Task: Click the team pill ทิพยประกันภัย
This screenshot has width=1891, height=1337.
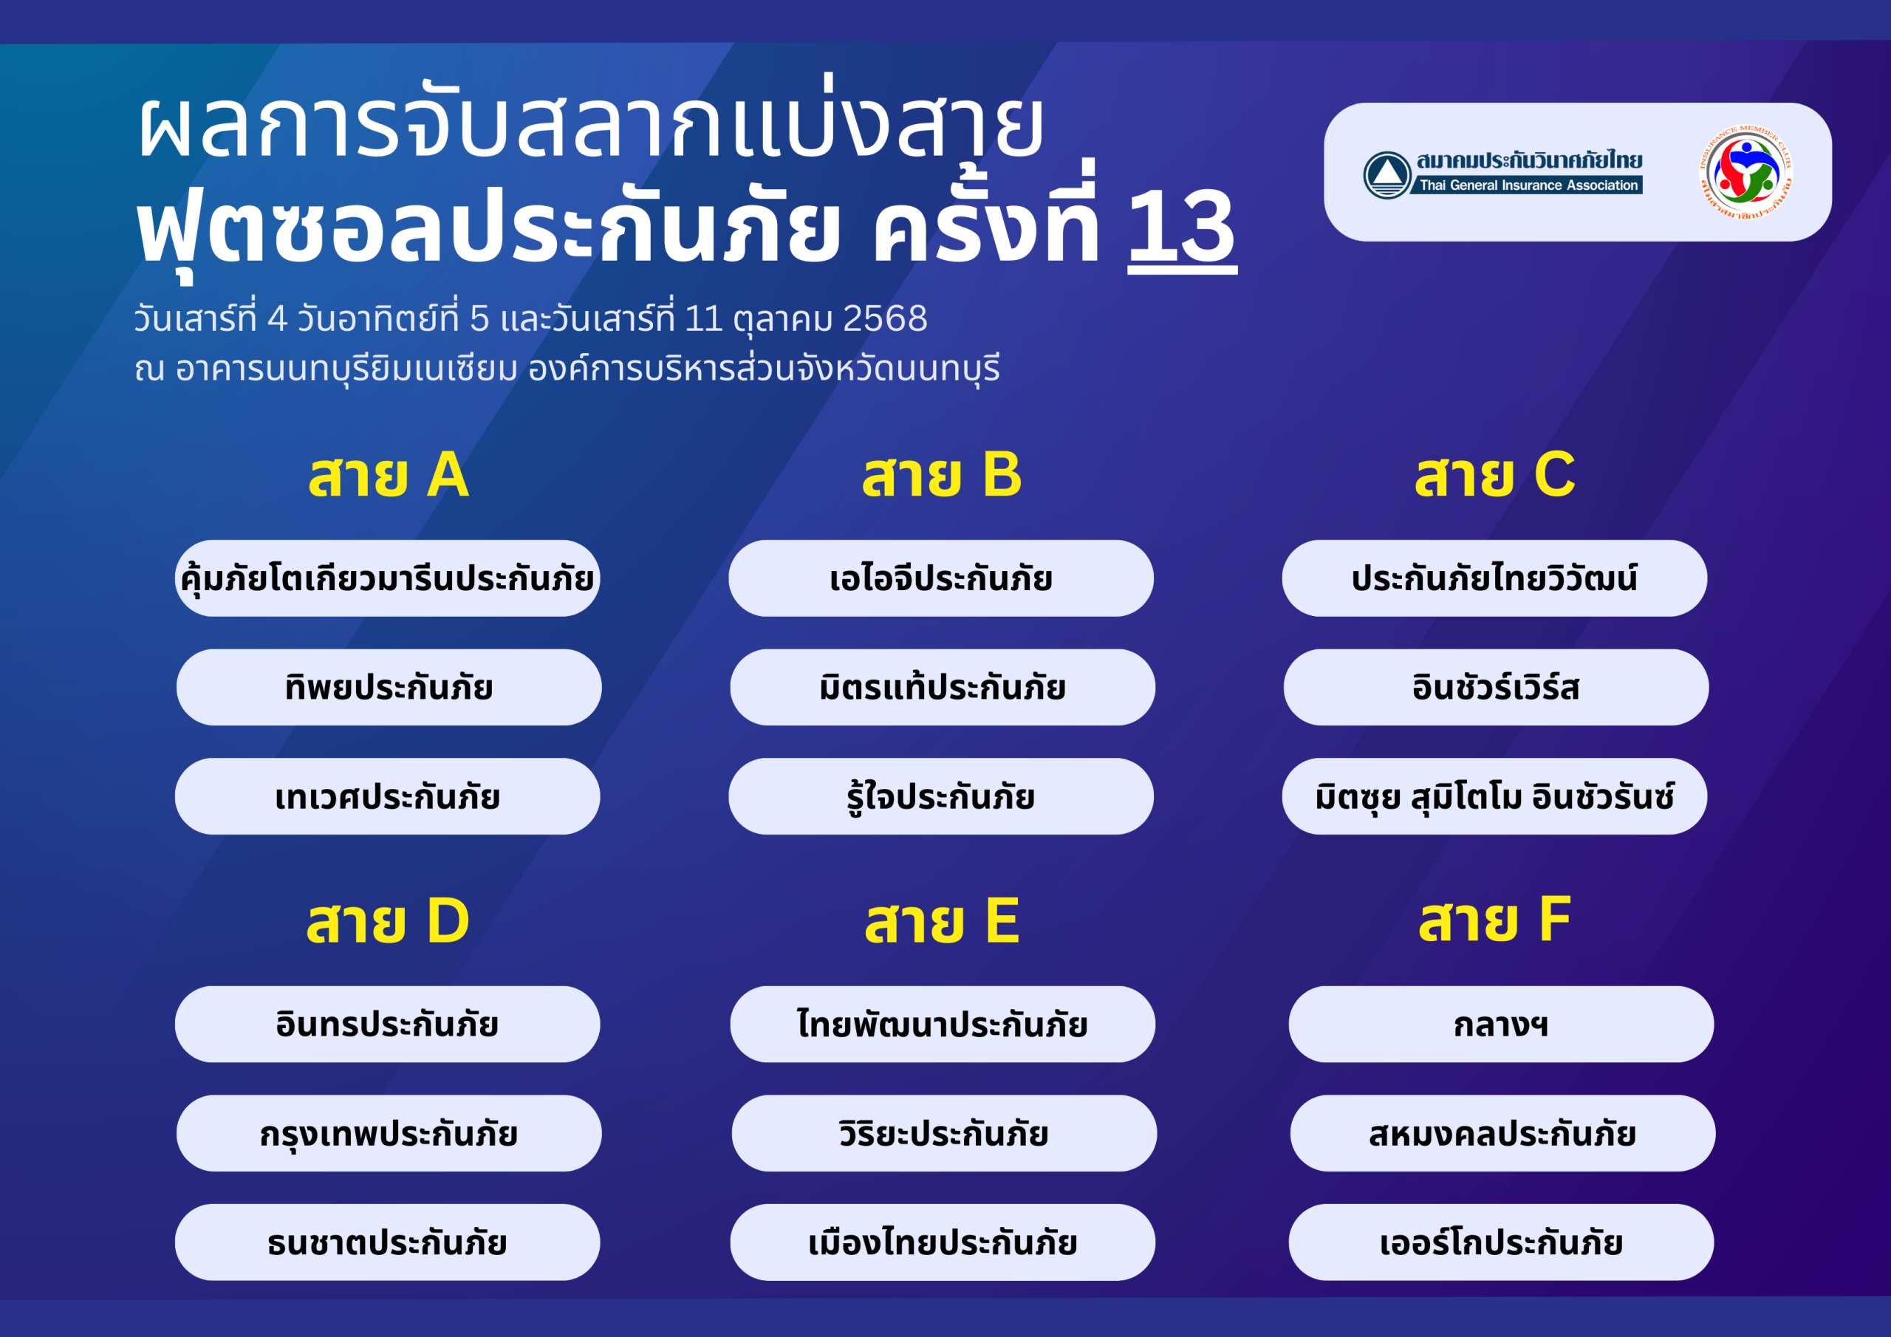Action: [389, 687]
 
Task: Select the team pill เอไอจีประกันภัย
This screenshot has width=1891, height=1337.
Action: [940, 578]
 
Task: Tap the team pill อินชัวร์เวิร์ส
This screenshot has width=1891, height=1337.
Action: [1496, 687]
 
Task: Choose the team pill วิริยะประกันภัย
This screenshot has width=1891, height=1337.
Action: [944, 1134]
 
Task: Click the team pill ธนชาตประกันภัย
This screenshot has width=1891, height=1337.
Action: [387, 1242]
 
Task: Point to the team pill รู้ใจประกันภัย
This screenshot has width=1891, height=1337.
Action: [940, 796]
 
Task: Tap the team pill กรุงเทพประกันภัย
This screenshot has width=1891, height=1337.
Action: [389, 1134]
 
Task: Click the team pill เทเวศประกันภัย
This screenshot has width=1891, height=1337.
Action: [387, 796]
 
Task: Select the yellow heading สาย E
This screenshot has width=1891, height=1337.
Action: [943, 921]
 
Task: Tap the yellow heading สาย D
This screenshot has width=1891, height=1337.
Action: [388, 921]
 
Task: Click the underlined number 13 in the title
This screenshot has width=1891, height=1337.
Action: [1182, 228]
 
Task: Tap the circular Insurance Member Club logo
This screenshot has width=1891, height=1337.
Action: [1745, 171]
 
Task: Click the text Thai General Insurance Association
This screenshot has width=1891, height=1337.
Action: [1528, 185]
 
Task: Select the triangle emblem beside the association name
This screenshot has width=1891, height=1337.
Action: [1387, 174]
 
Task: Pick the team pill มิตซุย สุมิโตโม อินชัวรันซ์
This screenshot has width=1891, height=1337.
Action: [1494, 796]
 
